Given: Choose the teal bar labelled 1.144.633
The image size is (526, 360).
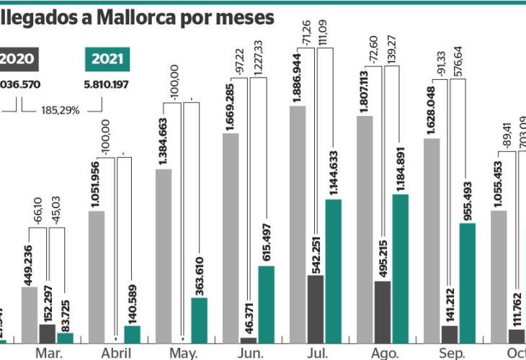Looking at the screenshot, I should point(333,270).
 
